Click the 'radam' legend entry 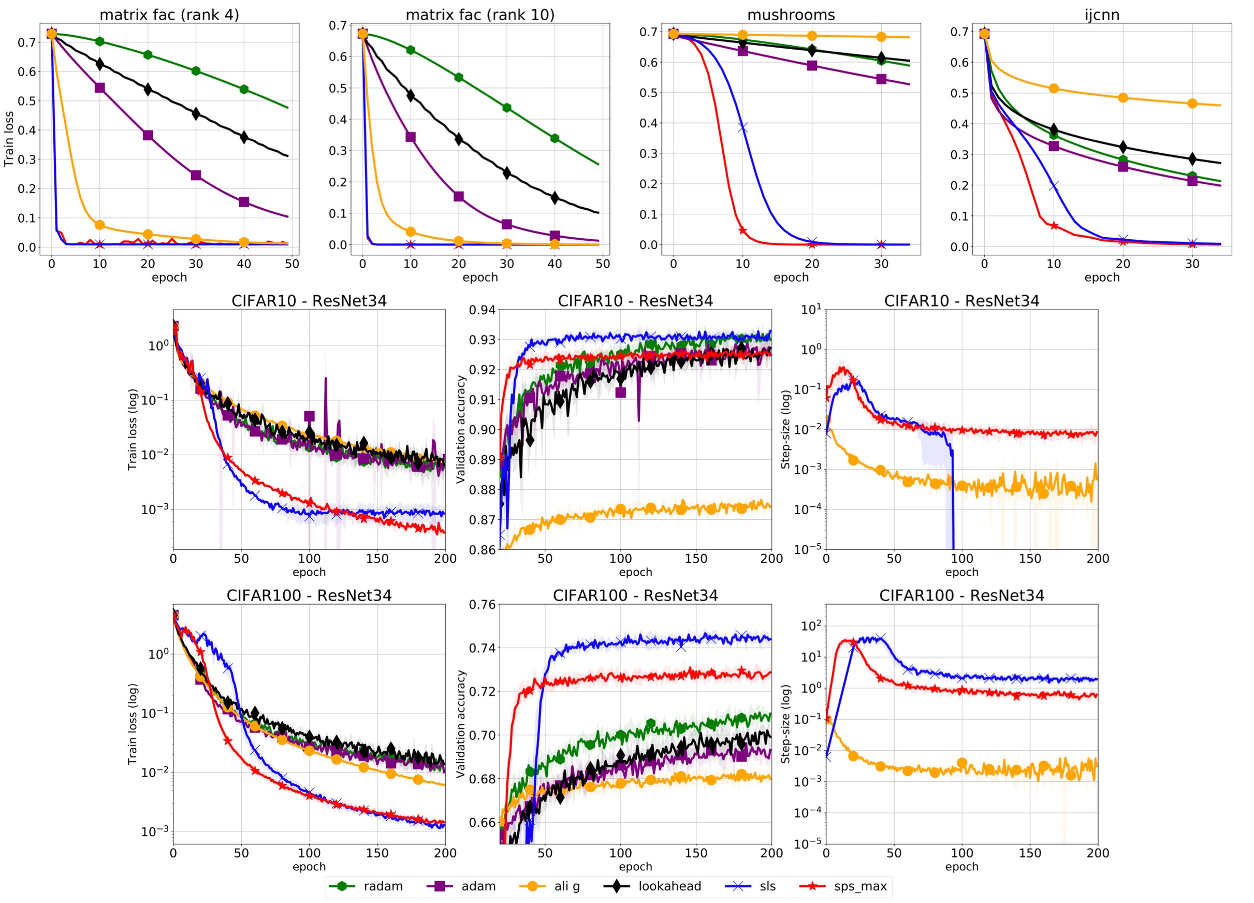(383, 886)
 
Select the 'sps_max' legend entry (860, 886)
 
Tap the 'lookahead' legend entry (669, 886)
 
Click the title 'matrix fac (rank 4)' (169, 14)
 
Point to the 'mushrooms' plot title (791, 14)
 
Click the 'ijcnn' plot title (1101, 14)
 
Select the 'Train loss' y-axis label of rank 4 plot (9, 139)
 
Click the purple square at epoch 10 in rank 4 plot (100, 88)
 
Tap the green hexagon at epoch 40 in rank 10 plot (555, 138)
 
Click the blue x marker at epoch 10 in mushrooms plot (742, 128)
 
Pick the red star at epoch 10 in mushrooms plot (742, 230)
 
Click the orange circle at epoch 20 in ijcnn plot (1123, 98)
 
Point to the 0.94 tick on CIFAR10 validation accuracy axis (482, 310)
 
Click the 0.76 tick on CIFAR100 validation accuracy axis (482, 605)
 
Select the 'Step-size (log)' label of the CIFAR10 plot (785, 430)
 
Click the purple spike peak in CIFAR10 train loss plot (326, 378)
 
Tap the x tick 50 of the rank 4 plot (292, 264)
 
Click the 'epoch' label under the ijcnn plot (1101, 278)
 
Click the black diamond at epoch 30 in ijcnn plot (1192, 159)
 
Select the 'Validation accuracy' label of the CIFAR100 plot (461, 724)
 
